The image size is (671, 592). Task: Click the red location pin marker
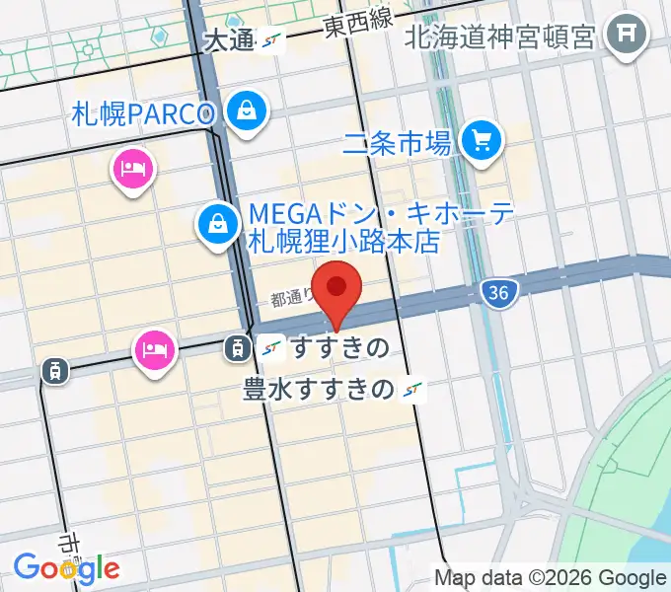click(337, 288)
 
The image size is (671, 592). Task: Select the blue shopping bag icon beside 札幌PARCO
click(246, 111)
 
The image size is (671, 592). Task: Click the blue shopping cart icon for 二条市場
click(483, 139)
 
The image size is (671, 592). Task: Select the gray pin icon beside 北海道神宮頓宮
click(626, 37)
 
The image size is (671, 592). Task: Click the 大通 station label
click(229, 40)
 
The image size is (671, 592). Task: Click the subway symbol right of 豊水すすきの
click(413, 391)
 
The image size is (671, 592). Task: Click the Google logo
click(66, 568)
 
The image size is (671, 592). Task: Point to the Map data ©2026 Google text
click(551, 578)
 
